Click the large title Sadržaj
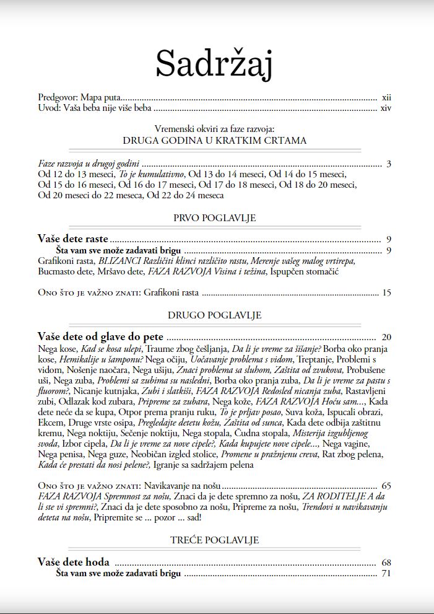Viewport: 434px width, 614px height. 214,63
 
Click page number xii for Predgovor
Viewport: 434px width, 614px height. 386,98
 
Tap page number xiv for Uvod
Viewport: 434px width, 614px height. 386,108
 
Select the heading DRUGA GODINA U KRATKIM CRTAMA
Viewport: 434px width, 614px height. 214,141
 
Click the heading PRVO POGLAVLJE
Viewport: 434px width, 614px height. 214,218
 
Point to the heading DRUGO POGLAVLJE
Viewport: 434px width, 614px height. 214,315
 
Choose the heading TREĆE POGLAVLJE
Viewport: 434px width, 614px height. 214,540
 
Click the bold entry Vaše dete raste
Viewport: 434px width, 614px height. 73,239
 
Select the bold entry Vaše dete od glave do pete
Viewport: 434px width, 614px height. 100,337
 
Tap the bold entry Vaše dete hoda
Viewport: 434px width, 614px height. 74,563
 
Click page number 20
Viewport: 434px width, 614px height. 387,338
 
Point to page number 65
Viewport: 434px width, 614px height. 387,486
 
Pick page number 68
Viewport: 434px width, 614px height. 387,563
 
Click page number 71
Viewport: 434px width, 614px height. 387,574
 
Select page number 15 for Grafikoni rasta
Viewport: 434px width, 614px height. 387,292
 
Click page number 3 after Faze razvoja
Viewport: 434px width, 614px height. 389,164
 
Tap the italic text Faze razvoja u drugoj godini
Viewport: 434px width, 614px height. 88,164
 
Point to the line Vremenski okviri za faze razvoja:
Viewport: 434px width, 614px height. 214,129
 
